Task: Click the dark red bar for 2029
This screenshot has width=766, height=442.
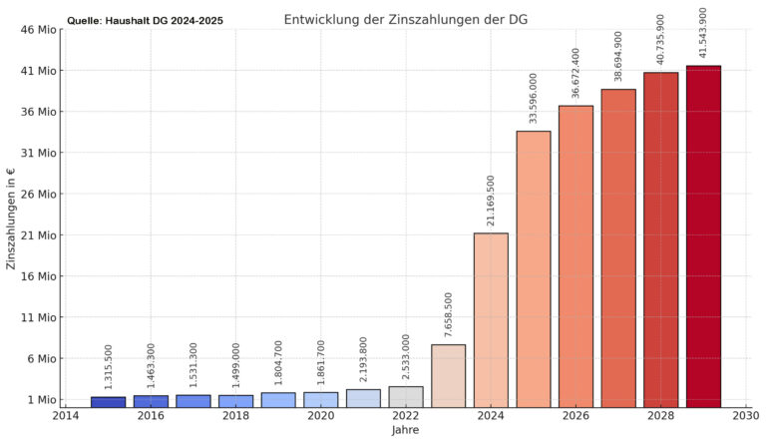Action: tap(703, 236)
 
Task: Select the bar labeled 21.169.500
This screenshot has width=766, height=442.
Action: tap(491, 320)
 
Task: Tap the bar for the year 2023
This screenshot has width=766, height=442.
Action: tap(448, 376)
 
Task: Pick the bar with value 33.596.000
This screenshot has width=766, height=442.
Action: tap(534, 269)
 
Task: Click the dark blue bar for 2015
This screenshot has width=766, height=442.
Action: tap(108, 402)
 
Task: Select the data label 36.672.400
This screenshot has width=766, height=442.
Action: tap(575, 73)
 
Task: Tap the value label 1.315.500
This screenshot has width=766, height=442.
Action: tap(108, 366)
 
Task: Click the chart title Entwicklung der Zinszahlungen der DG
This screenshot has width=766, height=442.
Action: tap(406, 19)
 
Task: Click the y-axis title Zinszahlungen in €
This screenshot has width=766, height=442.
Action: tap(12, 220)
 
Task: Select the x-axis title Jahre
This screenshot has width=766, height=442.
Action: tap(405, 430)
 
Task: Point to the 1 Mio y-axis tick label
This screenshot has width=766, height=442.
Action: tap(41, 400)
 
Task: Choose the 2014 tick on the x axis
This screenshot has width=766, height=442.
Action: tap(66, 415)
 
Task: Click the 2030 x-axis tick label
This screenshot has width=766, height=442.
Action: tap(745, 415)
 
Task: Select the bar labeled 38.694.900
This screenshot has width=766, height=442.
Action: tap(618, 248)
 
